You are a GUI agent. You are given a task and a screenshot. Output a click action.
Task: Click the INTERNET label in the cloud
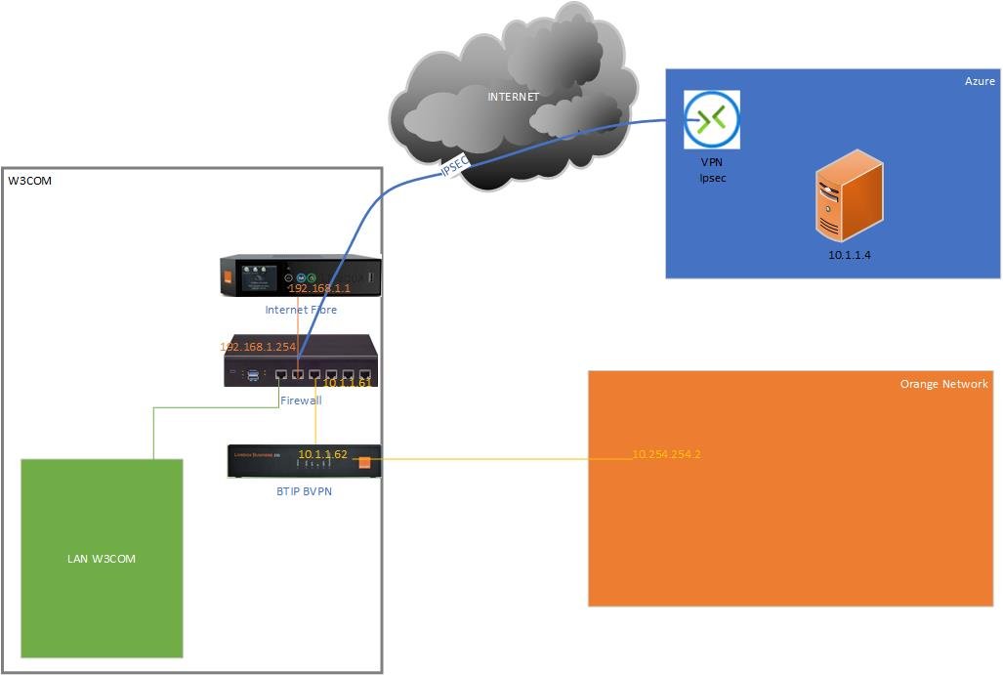514,97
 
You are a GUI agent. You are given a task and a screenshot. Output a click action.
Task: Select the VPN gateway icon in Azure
712,120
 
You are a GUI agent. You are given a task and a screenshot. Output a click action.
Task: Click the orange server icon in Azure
849,195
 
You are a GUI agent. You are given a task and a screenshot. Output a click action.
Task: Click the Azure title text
980,81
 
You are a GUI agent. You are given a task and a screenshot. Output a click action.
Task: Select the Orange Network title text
943,384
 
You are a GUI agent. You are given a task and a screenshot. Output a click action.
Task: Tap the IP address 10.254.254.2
667,454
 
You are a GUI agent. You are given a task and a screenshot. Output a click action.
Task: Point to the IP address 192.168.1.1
318,289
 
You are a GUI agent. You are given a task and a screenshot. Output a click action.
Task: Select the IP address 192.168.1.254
258,347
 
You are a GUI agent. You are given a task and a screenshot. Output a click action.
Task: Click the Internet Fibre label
301,310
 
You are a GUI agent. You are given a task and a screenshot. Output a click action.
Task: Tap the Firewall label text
301,401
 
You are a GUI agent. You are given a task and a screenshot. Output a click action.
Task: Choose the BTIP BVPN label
304,491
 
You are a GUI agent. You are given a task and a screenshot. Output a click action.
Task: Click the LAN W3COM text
102,559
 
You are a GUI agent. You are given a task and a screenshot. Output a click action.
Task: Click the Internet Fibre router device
299,275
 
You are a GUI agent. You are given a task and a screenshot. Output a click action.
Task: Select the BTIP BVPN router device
303,461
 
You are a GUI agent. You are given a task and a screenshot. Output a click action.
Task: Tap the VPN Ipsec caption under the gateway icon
711,170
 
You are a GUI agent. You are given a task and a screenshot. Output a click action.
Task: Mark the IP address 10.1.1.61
348,383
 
